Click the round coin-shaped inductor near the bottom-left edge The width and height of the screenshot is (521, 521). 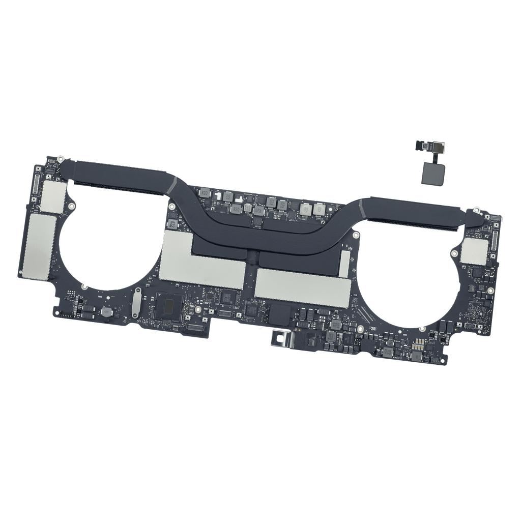(x=106, y=313)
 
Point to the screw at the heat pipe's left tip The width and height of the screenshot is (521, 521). (x=61, y=159)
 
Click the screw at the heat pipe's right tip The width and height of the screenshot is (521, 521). (x=478, y=210)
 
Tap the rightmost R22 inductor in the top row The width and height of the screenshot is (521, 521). (x=319, y=209)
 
